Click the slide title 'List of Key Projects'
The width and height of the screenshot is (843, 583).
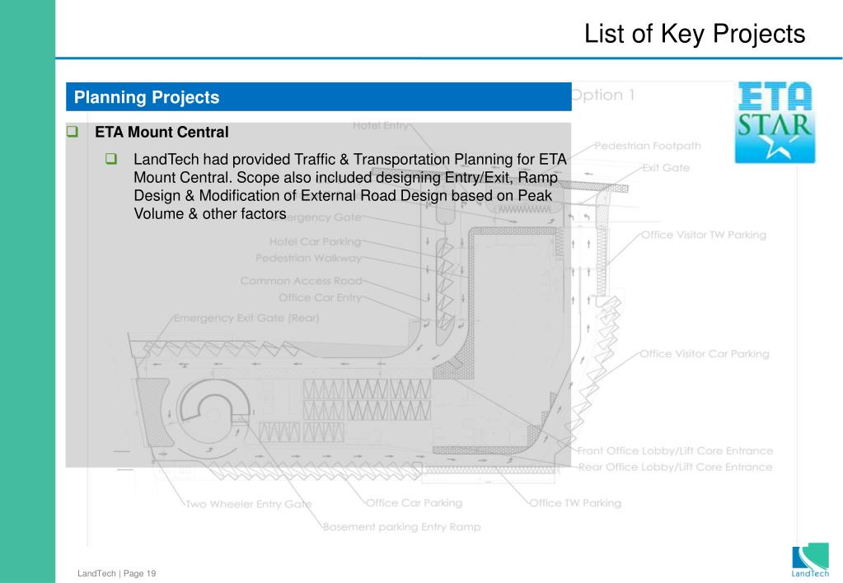pyautogui.click(x=694, y=34)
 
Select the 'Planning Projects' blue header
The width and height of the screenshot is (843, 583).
pyautogui.click(x=147, y=97)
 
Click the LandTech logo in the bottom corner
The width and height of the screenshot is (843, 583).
pyautogui.click(x=810, y=561)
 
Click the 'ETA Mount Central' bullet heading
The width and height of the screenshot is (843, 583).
pyautogui.click(x=162, y=132)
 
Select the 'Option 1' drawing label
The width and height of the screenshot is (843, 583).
pyautogui.click(x=603, y=95)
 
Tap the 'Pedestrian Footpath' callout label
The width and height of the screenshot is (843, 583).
pyautogui.click(x=648, y=146)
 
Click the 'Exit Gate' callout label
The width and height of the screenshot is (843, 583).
pyautogui.click(x=666, y=167)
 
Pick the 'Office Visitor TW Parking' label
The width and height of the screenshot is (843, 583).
pyautogui.click(x=703, y=235)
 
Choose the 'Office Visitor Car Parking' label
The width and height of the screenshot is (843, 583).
pyautogui.click(x=705, y=354)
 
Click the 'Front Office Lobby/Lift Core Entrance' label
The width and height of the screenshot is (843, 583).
pyautogui.click(x=675, y=450)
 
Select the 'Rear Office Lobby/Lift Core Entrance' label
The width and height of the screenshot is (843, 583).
pyautogui.click(x=675, y=467)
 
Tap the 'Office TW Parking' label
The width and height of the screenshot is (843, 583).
pyautogui.click(x=575, y=502)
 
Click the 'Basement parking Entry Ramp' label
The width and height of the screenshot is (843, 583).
pyautogui.click(x=401, y=526)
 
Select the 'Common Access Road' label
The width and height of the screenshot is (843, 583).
pyautogui.click(x=301, y=281)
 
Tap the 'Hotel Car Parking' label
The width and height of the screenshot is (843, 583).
pyautogui.click(x=315, y=242)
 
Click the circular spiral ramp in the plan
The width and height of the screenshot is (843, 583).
pyautogui.click(x=212, y=413)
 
